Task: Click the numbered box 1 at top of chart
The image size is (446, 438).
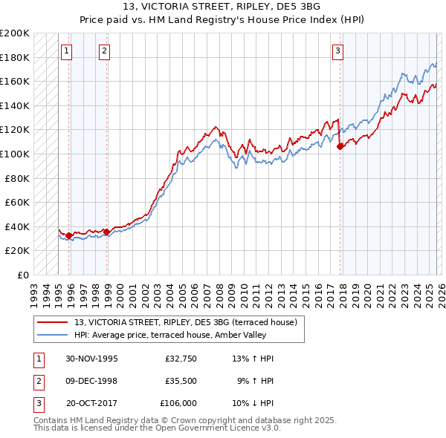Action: point(67,51)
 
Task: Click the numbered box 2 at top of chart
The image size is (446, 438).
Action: point(104,51)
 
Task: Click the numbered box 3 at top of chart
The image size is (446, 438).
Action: point(337,51)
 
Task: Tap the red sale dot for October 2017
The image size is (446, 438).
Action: point(340,147)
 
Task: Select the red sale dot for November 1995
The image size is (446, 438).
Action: point(69,236)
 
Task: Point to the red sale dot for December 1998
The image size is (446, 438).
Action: point(106,232)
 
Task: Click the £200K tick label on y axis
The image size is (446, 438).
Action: point(15,33)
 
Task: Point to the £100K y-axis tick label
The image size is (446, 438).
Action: point(15,154)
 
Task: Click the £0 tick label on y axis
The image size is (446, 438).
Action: point(23,275)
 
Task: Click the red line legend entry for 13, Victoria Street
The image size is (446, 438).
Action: point(186,322)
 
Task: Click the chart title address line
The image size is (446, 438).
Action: point(222,7)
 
